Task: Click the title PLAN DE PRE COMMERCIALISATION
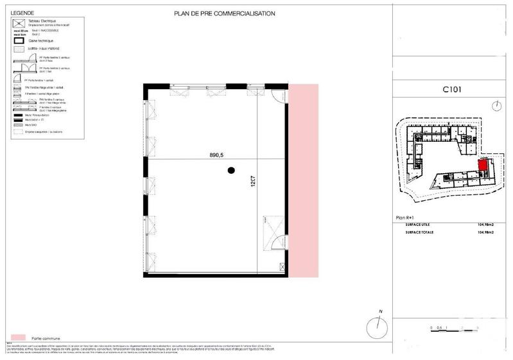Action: (x=225, y=13)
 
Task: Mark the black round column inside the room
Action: (x=231, y=170)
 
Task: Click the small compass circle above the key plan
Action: (x=497, y=105)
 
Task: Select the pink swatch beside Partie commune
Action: (x=18, y=336)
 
